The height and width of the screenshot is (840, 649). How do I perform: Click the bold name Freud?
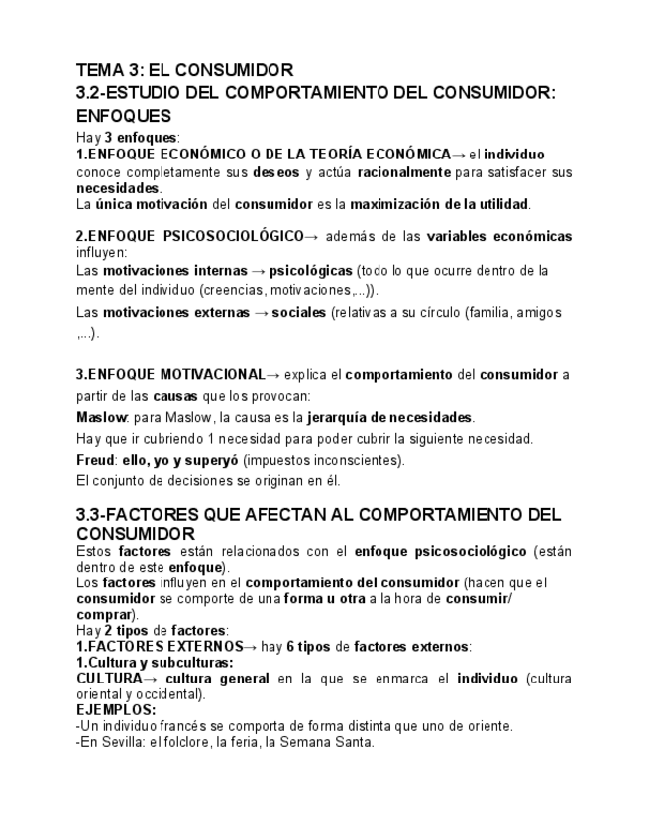(x=95, y=460)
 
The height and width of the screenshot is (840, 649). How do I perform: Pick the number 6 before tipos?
(x=290, y=647)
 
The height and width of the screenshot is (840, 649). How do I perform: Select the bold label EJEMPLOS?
(x=114, y=710)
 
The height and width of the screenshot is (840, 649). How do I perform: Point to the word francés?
(x=163, y=726)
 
